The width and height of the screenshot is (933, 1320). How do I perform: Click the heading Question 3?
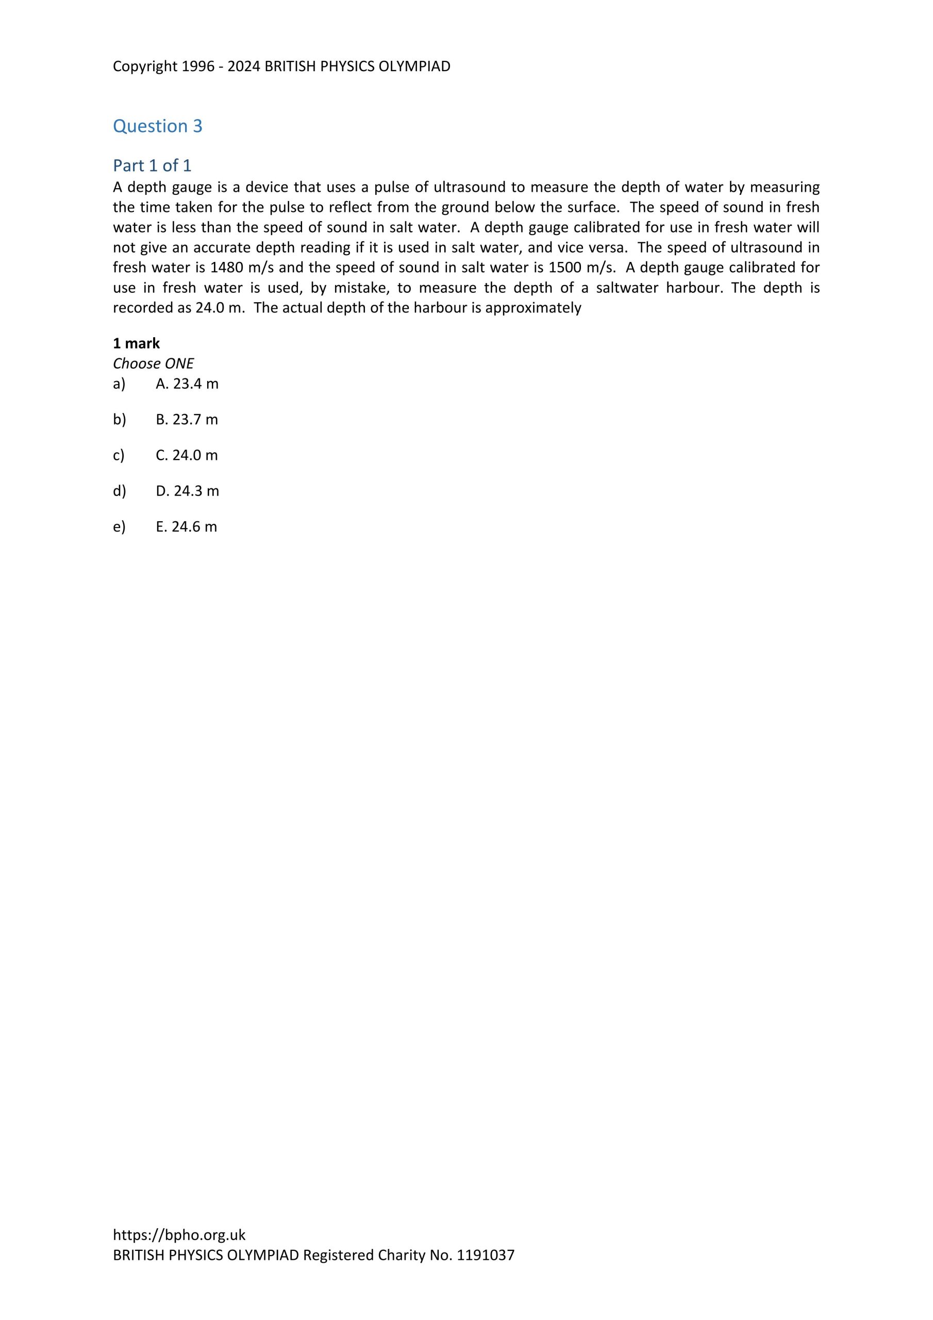[x=158, y=126]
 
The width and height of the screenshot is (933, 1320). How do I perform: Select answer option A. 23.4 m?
[x=187, y=384]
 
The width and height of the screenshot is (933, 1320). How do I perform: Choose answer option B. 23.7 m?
[x=187, y=420]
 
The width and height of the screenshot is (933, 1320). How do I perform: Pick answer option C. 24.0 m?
[x=187, y=455]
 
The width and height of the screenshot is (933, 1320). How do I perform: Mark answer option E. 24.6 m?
[x=186, y=526]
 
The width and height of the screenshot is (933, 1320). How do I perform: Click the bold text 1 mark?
[x=136, y=343]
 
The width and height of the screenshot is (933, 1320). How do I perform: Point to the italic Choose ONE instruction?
[x=153, y=364]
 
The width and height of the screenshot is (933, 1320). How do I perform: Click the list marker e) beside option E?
[x=119, y=526]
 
